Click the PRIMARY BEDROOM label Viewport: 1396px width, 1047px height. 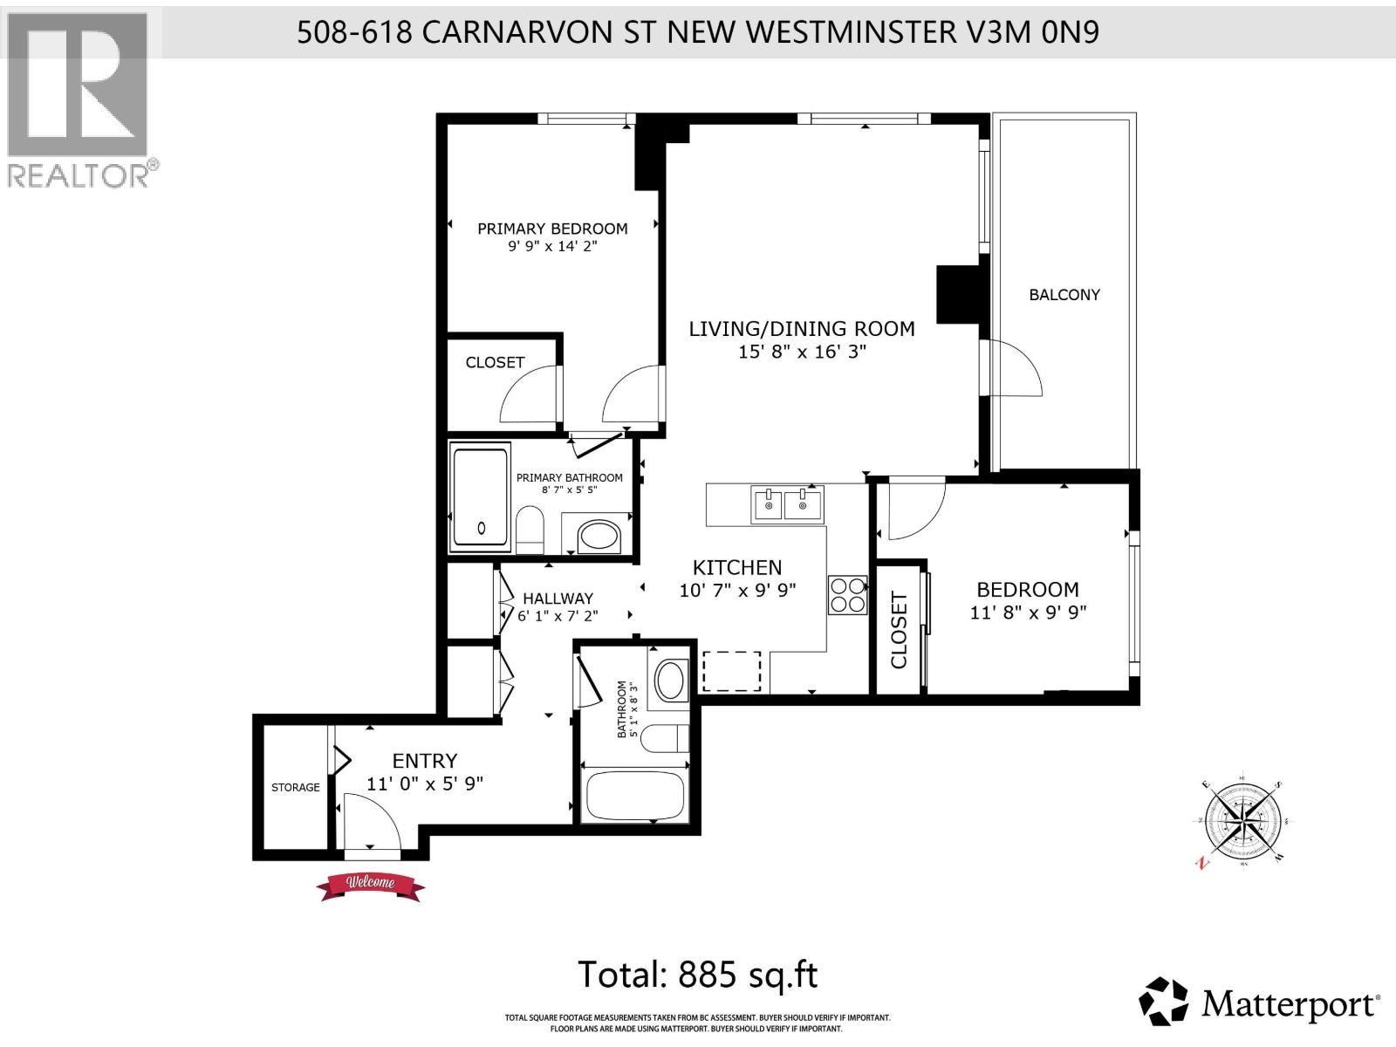[552, 229]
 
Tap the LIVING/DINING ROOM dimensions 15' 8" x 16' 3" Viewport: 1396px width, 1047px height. [802, 352]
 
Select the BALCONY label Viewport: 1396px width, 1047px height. [1064, 295]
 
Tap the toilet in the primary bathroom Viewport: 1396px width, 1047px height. [530, 530]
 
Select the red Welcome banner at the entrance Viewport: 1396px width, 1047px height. [371, 885]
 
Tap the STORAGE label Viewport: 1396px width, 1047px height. [295, 787]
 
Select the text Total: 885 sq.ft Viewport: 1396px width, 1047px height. [698, 975]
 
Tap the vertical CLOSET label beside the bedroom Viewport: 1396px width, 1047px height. [899, 630]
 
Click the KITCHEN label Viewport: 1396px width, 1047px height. [736, 567]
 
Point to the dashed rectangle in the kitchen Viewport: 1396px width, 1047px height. [732, 671]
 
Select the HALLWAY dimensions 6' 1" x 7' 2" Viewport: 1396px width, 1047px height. [558, 616]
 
